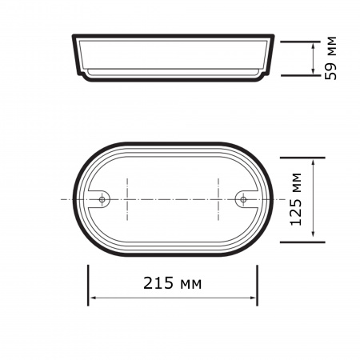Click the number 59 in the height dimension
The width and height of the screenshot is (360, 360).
[x=330, y=69]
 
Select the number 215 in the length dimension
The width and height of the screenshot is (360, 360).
[x=157, y=284]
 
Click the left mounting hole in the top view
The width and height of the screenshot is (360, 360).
[x=102, y=198]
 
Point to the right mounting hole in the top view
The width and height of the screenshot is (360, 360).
[x=244, y=198]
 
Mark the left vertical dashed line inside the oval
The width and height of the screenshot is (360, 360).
[x=126, y=198]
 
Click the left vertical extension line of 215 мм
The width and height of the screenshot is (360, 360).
[x=88, y=284]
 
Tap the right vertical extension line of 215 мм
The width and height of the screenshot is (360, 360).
[x=258, y=284]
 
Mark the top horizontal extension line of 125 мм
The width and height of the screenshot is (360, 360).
[x=304, y=157]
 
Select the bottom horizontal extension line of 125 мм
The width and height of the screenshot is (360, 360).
[x=304, y=239]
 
